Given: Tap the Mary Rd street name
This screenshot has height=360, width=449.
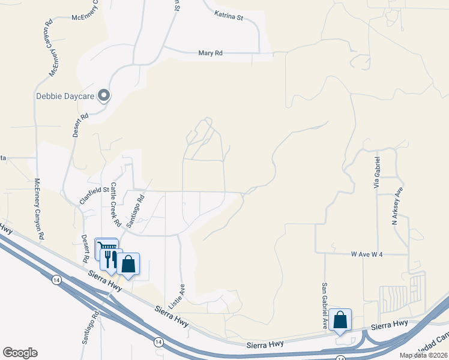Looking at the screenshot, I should (210, 53).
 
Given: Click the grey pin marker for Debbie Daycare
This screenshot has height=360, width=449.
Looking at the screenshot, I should (104, 95).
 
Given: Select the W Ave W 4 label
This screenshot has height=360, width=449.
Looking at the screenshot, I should (367, 254).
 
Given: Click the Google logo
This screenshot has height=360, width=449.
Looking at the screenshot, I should (20, 353).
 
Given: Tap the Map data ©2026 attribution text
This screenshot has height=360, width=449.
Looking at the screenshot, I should (423, 355).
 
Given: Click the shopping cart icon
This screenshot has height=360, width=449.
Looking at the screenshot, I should (105, 248).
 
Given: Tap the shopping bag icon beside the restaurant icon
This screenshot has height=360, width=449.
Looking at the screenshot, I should (128, 263).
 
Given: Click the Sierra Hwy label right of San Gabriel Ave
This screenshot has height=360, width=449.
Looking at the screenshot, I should (389, 325).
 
